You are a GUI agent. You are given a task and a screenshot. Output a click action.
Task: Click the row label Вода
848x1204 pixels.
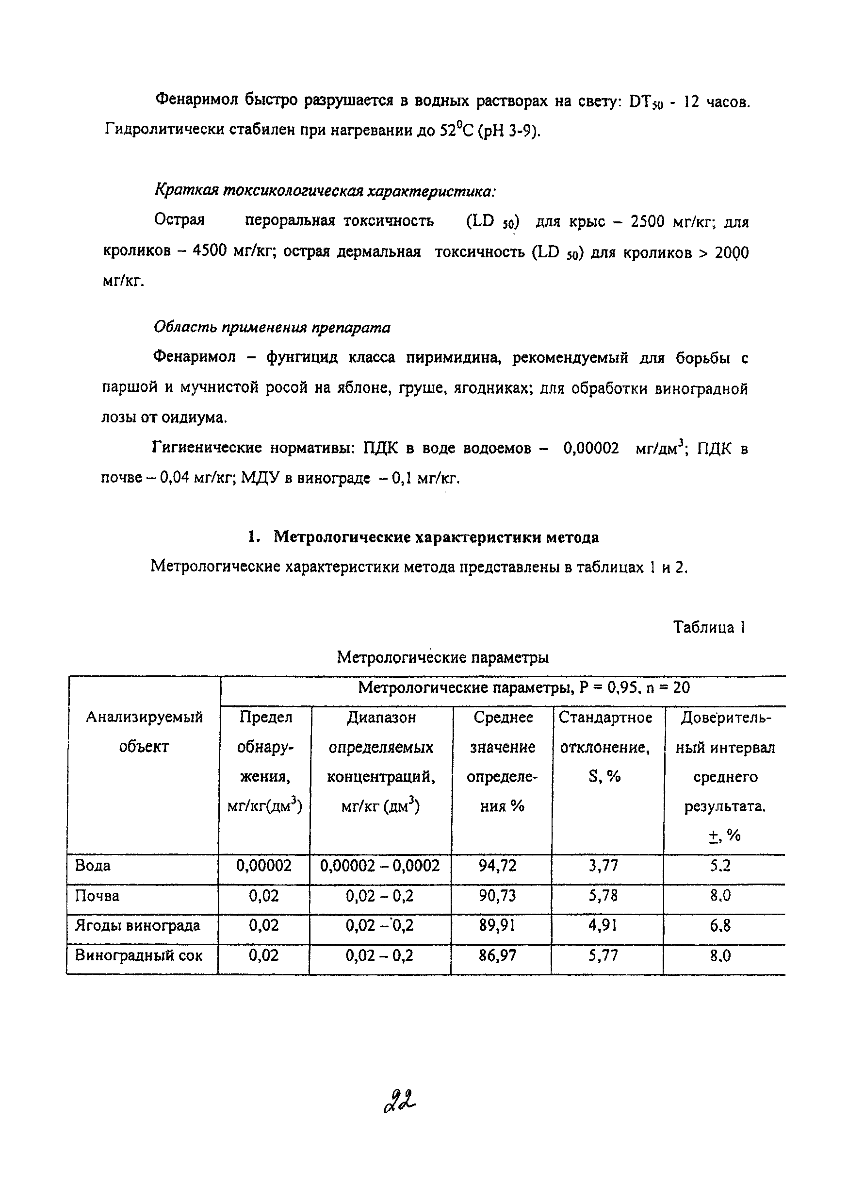pyautogui.click(x=93, y=866)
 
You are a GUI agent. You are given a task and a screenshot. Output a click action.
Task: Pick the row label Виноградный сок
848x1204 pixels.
pyautogui.click(x=139, y=955)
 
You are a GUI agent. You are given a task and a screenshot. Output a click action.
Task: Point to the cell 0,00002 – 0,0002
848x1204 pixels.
pyautogui.click(x=380, y=866)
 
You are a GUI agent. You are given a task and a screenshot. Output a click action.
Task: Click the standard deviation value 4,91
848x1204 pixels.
pyautogui.click(x=603, y=925)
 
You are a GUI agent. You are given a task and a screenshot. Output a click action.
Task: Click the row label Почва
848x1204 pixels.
pyautogui.click(x=98, y=896)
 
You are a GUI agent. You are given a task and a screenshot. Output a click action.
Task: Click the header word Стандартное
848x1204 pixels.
pyautogui.click(x=605, y=718)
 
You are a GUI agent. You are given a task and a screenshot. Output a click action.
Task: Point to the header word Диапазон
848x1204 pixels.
pyautogui.click(x=381, y=718)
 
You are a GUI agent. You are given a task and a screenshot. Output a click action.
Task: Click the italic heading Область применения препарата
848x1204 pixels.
pyautogui.click(x=272, y=328)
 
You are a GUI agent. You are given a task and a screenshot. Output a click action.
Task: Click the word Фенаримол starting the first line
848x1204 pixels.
pyautogui.click(x=197, y=100)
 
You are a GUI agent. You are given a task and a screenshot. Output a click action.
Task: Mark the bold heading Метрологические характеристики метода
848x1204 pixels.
pyautogui.click(x=437, y=537)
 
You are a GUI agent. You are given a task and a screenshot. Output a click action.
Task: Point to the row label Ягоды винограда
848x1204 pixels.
pyautogui.click(x=138, y=925)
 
